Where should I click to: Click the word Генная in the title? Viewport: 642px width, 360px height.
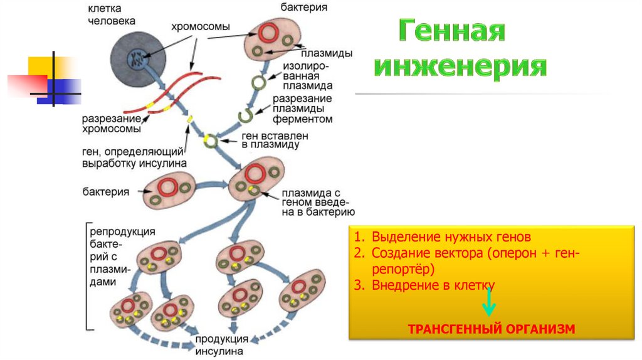tap(451, 31)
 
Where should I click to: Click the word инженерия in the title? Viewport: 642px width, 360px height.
tap(460, 66)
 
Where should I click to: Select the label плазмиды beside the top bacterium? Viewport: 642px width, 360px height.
tap(326, 53)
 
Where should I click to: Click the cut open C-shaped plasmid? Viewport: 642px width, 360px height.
tap(246, 115)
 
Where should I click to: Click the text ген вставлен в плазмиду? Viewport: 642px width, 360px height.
tap(275, 139)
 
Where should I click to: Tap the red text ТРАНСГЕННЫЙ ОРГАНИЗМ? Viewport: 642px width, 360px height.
tap(491, 328)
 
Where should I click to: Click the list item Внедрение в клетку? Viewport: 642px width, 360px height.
tap(433, 285)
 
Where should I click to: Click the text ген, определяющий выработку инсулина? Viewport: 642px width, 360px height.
tap(134, 157)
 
